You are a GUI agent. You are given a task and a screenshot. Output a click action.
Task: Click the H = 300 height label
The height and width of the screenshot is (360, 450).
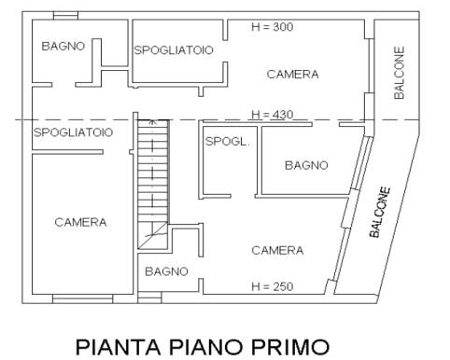tap(273, 27)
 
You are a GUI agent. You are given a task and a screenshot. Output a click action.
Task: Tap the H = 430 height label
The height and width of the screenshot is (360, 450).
tap(273, 115)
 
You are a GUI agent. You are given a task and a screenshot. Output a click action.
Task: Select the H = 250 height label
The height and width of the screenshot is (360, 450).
tap(273, 286)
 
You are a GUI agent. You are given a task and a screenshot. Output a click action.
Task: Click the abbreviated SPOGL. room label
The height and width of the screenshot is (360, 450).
tap(228, 142)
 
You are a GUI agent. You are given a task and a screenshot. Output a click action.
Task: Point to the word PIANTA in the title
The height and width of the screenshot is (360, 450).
tap(119, 347)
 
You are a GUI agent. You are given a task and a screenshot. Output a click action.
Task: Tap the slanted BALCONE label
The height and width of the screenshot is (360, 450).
tap(380, 212)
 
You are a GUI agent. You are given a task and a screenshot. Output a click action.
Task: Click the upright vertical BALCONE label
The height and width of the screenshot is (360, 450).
tap(400, 73)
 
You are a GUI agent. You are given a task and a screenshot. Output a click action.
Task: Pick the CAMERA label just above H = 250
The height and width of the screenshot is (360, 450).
tap(277, 250)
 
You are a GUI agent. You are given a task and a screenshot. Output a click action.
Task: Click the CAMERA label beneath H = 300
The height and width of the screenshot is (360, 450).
tap(292, 75)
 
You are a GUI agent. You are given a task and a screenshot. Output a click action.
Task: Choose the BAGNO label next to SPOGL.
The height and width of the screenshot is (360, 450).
tap(306, 165)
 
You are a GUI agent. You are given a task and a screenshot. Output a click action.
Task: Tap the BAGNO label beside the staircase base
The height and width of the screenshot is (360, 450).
tap(166, 271)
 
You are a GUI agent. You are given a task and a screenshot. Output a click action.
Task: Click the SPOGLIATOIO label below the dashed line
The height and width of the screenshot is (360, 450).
tap(73, 132)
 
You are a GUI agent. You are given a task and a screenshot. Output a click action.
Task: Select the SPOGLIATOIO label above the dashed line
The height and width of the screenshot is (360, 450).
tap(174, 50)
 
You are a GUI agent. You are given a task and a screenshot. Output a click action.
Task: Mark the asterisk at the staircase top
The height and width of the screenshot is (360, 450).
tap(152, 122)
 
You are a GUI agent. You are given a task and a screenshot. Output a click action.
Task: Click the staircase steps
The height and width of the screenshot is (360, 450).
tap(153, 172)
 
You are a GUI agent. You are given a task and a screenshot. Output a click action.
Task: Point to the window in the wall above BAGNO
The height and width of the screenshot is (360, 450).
tap(65, 16)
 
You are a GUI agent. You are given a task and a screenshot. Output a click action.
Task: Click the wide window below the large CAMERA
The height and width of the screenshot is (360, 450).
tap(82, 299)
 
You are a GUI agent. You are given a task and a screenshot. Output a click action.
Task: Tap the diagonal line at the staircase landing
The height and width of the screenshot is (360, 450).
tap(153, 236)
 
